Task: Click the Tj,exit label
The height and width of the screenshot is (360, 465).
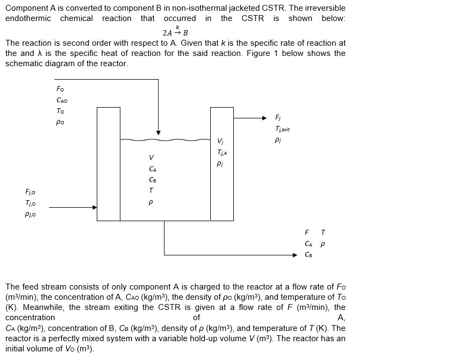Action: click(x=282, y=129)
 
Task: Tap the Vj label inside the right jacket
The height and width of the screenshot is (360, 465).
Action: click(x=220, y=142)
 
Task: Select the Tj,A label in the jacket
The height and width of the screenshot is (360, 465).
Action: click(x=221, y=153)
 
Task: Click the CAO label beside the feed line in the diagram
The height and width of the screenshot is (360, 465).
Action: click(x=62, y=100)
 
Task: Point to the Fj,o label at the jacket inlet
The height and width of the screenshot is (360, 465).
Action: click(x=30, y=192)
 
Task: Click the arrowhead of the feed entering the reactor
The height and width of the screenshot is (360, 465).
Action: click(x=158, y=132)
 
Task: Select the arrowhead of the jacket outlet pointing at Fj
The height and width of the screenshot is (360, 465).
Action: click(x=263, y=118)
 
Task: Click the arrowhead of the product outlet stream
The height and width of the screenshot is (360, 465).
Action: click(x=294, y=255)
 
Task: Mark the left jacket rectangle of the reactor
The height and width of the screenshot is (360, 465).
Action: click(x=109, y=164)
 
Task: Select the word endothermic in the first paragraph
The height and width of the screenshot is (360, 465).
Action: click(x=28, y=18)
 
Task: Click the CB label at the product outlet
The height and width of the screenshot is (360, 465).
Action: click(x=308, y=255)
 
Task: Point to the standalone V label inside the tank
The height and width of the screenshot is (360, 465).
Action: click(x=151, y=157)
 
